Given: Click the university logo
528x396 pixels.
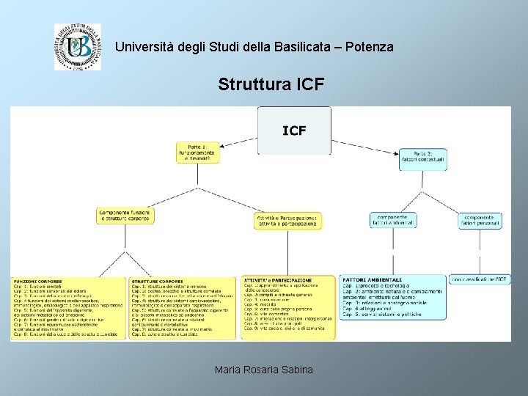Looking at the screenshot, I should pos(77,46).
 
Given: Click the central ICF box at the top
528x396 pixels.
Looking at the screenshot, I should pos(294,131).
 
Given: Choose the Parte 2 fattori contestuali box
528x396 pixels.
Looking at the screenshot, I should pos(422,159).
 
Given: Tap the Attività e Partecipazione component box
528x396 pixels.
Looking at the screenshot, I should pos(287,221).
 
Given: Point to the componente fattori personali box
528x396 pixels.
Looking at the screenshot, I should pos(480,220).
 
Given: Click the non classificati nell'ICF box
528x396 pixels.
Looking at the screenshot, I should pos(480,279).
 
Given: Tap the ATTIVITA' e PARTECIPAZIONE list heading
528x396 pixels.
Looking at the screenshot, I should pos(279,280).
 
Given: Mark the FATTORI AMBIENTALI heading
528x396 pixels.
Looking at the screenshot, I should pos(372,279).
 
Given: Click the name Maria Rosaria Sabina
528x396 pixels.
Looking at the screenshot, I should pos(264,370).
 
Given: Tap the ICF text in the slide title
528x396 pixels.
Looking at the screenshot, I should pos(309,84).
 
